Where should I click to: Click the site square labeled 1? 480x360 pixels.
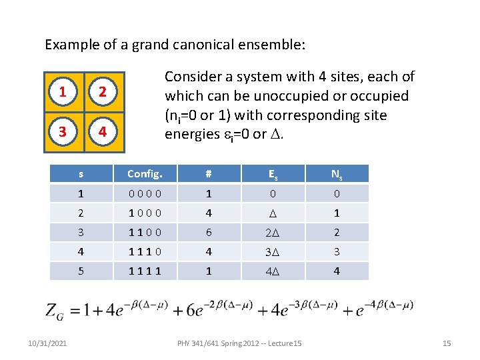[x=63, y=91]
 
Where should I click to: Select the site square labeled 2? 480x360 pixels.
[x=103, y=91]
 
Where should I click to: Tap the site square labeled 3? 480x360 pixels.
[x=63, y=131]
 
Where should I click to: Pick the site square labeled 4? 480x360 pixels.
[x=103, y=131]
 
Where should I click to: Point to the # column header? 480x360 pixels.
[x=209, y=174]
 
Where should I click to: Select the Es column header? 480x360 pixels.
[x=273, y=174]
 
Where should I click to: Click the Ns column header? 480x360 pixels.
[x=337, y=174]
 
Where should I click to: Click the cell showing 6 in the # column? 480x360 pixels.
[x=209, y=232]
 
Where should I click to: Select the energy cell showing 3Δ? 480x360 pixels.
[x=273, y=252]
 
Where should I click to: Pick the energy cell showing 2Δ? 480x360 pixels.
[x=273, y=233]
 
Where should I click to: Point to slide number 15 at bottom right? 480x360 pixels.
[x=447, y=343]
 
